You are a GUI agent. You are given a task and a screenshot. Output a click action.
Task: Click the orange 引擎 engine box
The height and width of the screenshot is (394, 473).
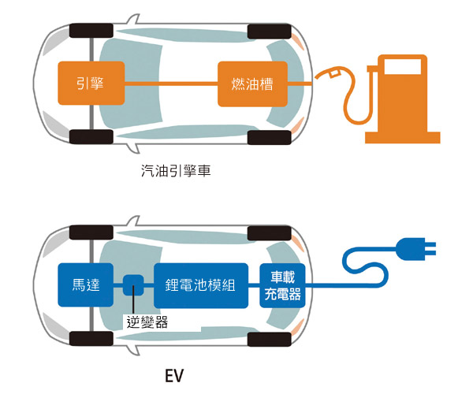click(91, 84)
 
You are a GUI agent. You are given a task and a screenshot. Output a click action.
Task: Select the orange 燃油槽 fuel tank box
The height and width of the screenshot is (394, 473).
click(253, 84)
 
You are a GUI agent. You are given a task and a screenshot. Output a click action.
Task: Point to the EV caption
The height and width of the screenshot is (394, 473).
click(174, 372)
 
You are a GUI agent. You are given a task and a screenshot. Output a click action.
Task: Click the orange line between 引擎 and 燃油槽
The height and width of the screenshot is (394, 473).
click(170, 84)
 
